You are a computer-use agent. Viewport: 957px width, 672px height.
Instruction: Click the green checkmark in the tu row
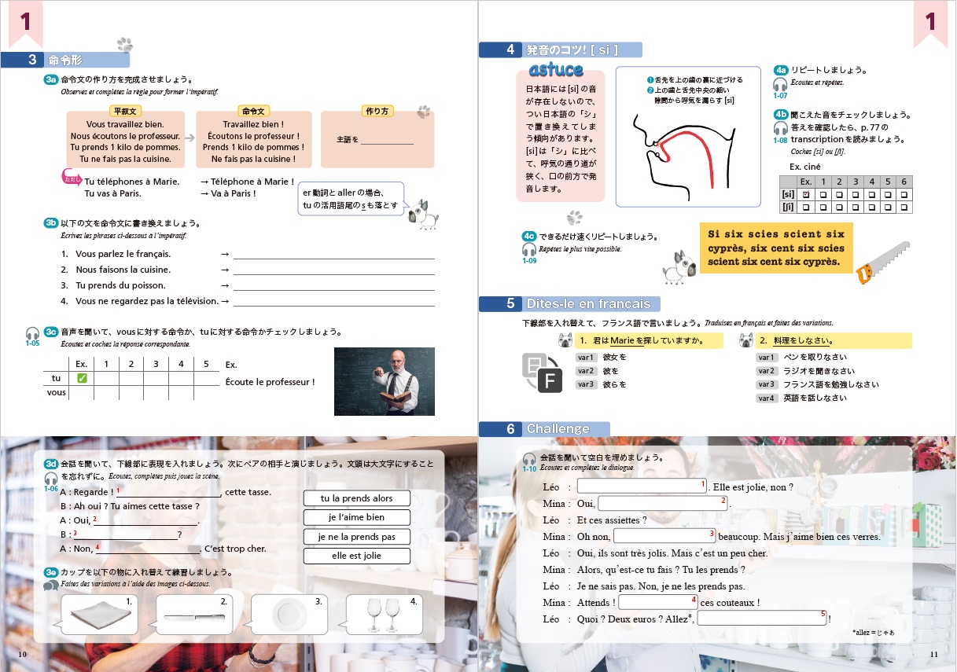click(82, 378)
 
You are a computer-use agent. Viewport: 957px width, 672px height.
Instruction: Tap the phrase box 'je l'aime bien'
click(357, 517)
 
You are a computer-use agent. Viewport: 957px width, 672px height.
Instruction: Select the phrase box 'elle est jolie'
click(357, 556)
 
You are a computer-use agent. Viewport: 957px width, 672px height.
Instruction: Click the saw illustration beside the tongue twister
click(882, 263)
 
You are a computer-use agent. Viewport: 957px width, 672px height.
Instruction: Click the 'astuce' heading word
click(556, 70)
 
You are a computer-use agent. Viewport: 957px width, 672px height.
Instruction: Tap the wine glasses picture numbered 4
click(384, 614)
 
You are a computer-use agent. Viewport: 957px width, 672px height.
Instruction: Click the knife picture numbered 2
click(194, 617)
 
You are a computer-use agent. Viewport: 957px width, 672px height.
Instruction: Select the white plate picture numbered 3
click(289, 615)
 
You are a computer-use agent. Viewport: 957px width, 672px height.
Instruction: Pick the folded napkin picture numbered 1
click(101, 615)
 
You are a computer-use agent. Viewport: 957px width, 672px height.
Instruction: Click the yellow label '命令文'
click(253, 112)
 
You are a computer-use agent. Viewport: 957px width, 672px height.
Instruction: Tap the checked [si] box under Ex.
click(806, 195)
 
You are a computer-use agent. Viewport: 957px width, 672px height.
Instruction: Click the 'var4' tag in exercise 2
click(766, 398)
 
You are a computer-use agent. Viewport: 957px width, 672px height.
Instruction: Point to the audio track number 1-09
click(529, 261)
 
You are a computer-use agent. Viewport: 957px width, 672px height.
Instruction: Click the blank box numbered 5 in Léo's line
click(762, 619)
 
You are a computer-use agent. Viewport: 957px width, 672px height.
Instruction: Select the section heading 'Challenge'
click(558, 428)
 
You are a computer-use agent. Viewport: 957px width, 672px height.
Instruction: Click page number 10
click(22, 654)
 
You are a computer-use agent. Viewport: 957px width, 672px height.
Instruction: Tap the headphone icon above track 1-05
click(32, 333)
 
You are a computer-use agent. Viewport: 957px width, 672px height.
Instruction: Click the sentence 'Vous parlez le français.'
click(123, 254)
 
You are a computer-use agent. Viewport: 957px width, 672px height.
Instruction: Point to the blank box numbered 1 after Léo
click(642, 486)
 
